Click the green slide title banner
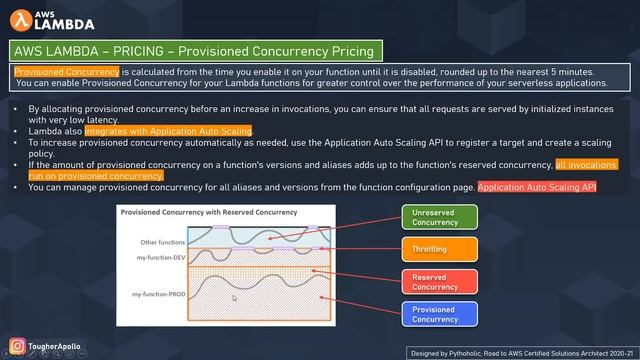coord(191,50)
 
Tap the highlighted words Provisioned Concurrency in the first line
coord(66,72)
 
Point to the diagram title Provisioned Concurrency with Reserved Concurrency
coord(209,213)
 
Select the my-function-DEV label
coord(160,258)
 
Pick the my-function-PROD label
coord(159,294)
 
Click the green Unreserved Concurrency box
coord(435,216)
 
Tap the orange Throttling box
coord(435,249)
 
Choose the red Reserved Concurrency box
coord(435,281)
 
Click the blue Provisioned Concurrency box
coord(435,314)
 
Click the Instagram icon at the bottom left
coord(17,346)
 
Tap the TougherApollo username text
coord(56,346)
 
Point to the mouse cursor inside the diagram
coord(235,297)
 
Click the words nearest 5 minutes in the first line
coord(554,72)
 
